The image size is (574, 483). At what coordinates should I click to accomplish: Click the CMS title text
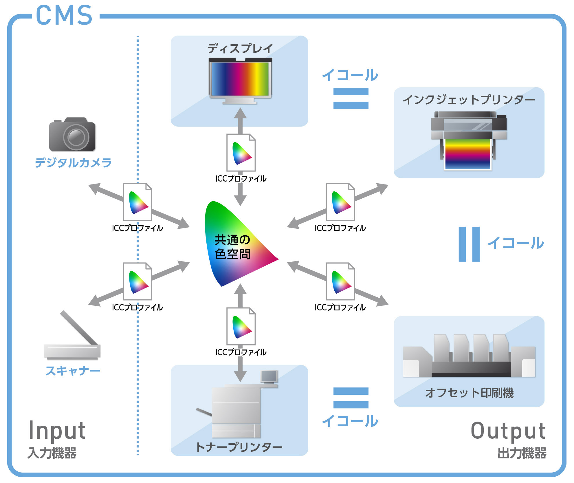[x=64, y=16]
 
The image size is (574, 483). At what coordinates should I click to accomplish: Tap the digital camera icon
[x=72, y=135]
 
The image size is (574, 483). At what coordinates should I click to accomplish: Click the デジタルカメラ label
[x=73, y=163]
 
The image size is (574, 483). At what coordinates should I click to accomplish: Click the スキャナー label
[x=73, y=371]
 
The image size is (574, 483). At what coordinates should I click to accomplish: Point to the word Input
[x=57, y=431]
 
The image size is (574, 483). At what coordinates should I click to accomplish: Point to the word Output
[x=508, y=431]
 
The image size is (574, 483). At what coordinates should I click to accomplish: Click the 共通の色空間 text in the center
[x=232, y=247]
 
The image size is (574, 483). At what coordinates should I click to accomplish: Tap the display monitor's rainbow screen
[x=240, y=79]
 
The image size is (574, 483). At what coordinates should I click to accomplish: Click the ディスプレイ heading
[x=240, y=48]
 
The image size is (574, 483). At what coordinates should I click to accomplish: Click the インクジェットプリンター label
[x=469, y=100]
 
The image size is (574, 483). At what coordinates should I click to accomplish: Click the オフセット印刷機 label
[x=469, y=393]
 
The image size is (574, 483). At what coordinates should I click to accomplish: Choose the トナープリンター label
[x=239, y=447]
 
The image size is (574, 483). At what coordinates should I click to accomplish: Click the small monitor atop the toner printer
[x=269, y=377]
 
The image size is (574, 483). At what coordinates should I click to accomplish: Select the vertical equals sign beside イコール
[x=469, y=244]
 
